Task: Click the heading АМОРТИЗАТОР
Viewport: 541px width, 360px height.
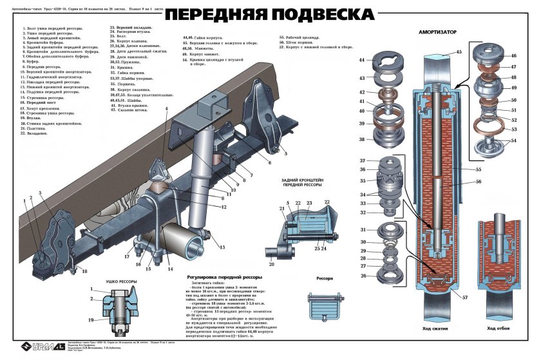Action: point(437,31)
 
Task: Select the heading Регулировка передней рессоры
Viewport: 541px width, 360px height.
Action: point(223,277)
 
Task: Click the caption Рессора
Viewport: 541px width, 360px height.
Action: point(325,279)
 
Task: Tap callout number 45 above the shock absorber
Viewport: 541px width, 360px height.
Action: point(459,52)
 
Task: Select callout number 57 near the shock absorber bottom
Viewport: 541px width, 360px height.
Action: point(464,298)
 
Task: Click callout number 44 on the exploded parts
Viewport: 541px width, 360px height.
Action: point(362,60)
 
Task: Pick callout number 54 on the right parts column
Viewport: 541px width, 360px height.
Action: point(513,140)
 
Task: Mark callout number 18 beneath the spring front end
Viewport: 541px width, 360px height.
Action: point(84,271)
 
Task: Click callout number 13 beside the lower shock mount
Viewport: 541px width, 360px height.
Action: point(222,247)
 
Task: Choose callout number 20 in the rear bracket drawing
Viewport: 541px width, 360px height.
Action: point(271,264)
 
